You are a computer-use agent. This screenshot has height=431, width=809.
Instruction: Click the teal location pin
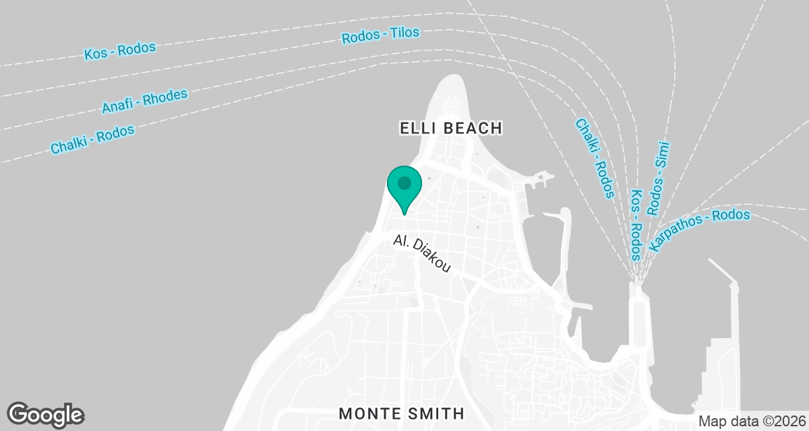tap(404, 189)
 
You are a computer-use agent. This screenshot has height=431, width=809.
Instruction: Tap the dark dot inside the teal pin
tap(404, 183)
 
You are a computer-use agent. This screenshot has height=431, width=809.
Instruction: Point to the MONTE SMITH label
tap(402, 413)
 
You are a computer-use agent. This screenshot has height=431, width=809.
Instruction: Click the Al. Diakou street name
tap(422, 254)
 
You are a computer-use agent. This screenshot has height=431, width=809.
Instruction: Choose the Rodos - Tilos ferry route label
tap(381, 35)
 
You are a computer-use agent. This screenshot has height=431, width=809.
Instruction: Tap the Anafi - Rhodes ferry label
tap(144, 101)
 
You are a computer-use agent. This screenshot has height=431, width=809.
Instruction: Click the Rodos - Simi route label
tap(659, 178)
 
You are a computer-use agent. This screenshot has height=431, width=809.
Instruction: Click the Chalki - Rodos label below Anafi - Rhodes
tap(93, 139)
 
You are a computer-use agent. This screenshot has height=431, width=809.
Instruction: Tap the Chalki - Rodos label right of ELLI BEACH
tap(594, 159)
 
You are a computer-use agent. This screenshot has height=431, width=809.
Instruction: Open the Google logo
tap(46, 414)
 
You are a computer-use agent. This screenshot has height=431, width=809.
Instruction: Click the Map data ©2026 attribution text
tap(751, 422)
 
